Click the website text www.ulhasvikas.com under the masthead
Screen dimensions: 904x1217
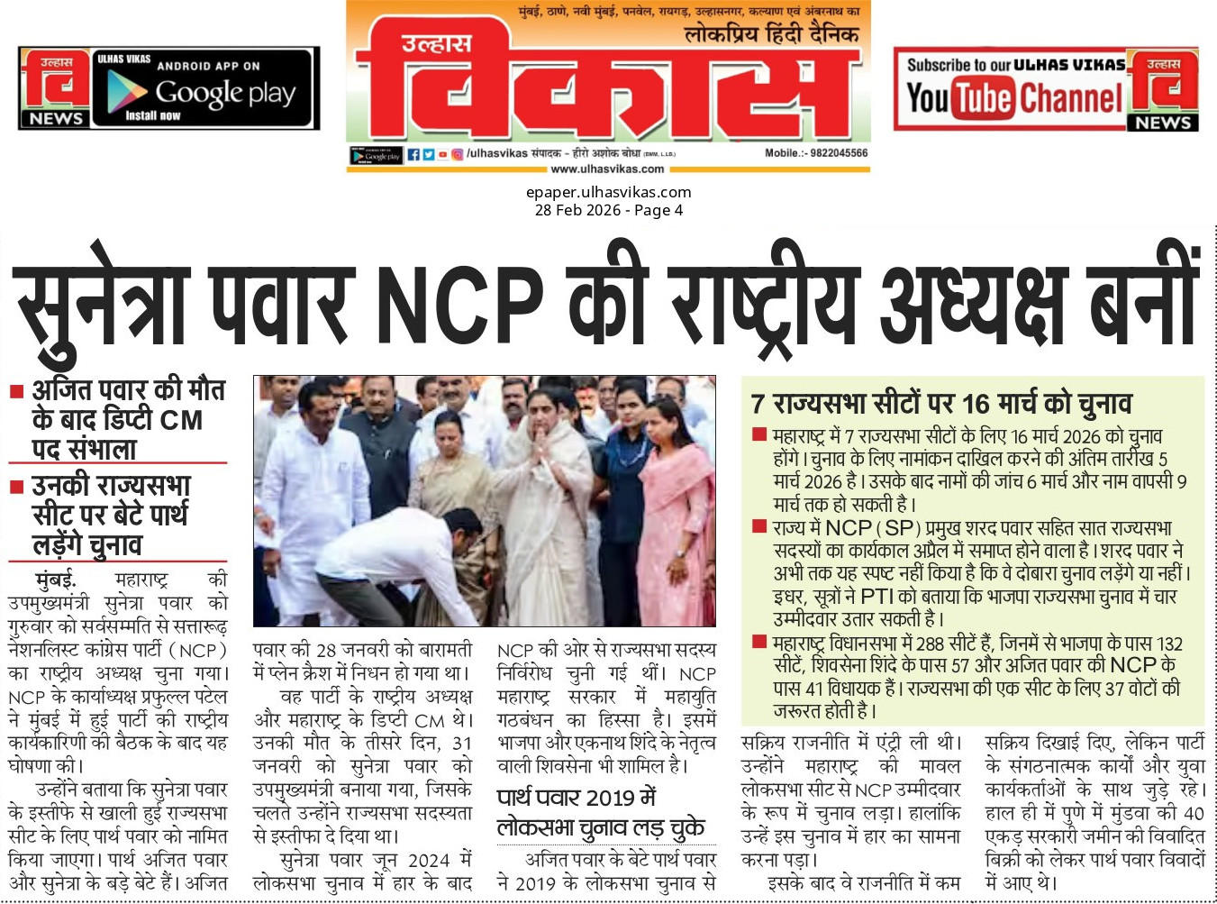tap(607, 169)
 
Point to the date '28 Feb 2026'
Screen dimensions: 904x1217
tap(577, 210)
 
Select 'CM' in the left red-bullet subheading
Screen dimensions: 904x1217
tap(181, 420)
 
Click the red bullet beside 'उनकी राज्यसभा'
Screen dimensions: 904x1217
tap(16, 487)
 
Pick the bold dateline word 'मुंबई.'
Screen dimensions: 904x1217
tap(56, 580)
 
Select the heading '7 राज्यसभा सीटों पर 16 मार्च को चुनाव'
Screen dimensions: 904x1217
tap(941, 403)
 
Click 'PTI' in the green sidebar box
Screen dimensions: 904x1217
tap(876, 596)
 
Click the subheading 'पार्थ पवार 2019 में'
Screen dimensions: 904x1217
tap(577, 798)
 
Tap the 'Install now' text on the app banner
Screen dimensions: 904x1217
tap(152, 115)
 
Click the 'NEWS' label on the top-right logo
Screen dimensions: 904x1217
tap(1163, 123)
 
